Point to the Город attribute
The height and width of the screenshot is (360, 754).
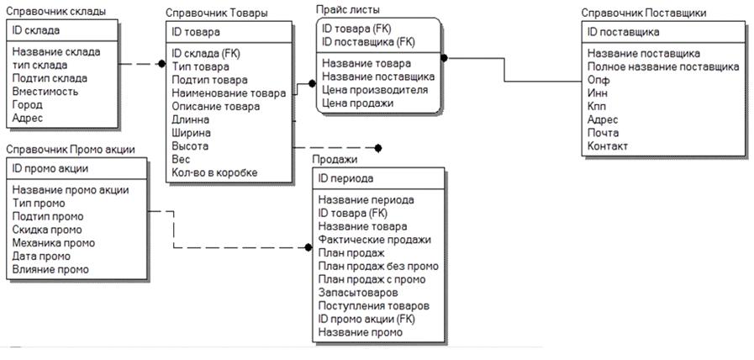(x=29, y=105)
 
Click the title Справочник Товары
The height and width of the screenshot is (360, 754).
(x=217, y=14)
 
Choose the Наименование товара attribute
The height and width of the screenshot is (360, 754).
(x=228, y=93)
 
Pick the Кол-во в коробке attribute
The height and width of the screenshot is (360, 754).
(x=214, y=172)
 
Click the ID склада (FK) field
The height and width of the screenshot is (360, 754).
(x=206, y=52)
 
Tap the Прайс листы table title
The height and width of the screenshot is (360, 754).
(x=347, y=9)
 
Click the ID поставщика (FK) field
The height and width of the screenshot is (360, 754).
(x=369, y=41)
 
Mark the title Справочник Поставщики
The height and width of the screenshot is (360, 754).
(x=643, y=13)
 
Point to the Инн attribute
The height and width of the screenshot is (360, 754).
(x=598, y=93)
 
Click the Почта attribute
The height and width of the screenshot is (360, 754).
(x=604, y=132)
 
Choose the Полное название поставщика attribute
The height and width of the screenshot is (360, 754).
(x=663, y=66)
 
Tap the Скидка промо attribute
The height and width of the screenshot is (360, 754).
(x=47, y=230)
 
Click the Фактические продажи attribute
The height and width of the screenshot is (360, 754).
(x=374, y=239)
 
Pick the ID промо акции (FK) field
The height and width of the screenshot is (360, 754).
(x=366, y=319)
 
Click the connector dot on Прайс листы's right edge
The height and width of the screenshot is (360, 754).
(x=444, y=58)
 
